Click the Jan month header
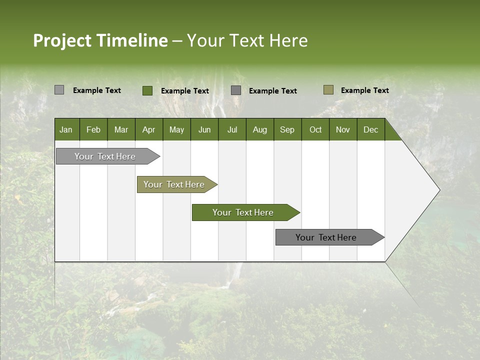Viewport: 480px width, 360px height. point(66,129)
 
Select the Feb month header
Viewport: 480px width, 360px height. point(93,129)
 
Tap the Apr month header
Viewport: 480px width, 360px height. point(148,129)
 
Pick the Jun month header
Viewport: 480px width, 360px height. point(204,129)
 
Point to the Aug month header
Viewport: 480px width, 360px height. point(259,129)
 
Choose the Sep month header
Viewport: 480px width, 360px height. point(287,129)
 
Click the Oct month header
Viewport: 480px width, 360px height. point(315,129)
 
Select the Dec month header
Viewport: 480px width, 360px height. point(370,129)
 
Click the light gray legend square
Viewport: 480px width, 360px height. point(59,90)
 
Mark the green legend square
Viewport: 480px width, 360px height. point(147,90)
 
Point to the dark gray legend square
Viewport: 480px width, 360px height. point(236,90)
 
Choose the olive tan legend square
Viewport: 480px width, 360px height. point(328,90)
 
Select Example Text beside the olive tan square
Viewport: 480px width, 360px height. point(364,90)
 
